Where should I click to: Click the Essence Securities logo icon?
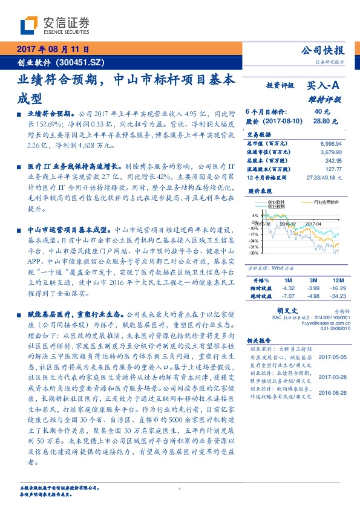28,24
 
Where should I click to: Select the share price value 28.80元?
321,121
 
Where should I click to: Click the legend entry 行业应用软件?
326,203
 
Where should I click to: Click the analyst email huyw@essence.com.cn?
318,323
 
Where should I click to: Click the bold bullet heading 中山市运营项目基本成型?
70,230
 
